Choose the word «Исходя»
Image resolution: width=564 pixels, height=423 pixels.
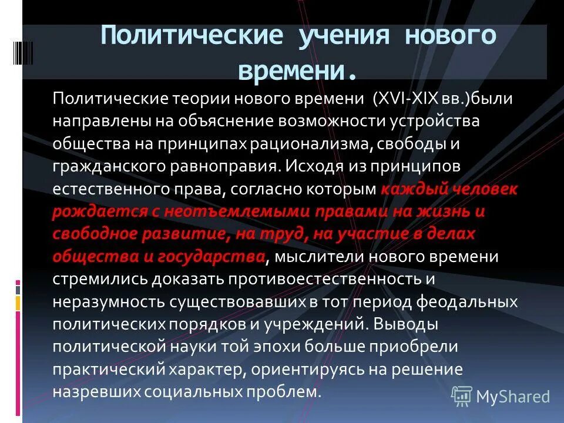tap(314, 166)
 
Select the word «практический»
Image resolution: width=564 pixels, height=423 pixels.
tap(109, 370)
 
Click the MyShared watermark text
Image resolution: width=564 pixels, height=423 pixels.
tap(512, 397)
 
